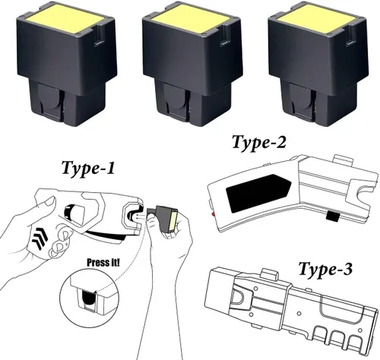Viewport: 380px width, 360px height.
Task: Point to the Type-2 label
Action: tap(259, 143)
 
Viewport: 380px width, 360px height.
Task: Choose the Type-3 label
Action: tap(325, 270)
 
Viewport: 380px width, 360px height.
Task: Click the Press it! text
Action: tap(103, 263)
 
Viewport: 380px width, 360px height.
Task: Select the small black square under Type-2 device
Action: tap(333, 216)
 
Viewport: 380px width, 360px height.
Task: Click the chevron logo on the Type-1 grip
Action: tap(40, 237)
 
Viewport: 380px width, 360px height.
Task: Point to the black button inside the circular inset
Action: tap(89, 298)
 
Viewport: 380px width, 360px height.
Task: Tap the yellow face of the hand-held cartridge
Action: tap(173, 220)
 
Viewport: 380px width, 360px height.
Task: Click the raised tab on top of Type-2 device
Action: tap(343, 160)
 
